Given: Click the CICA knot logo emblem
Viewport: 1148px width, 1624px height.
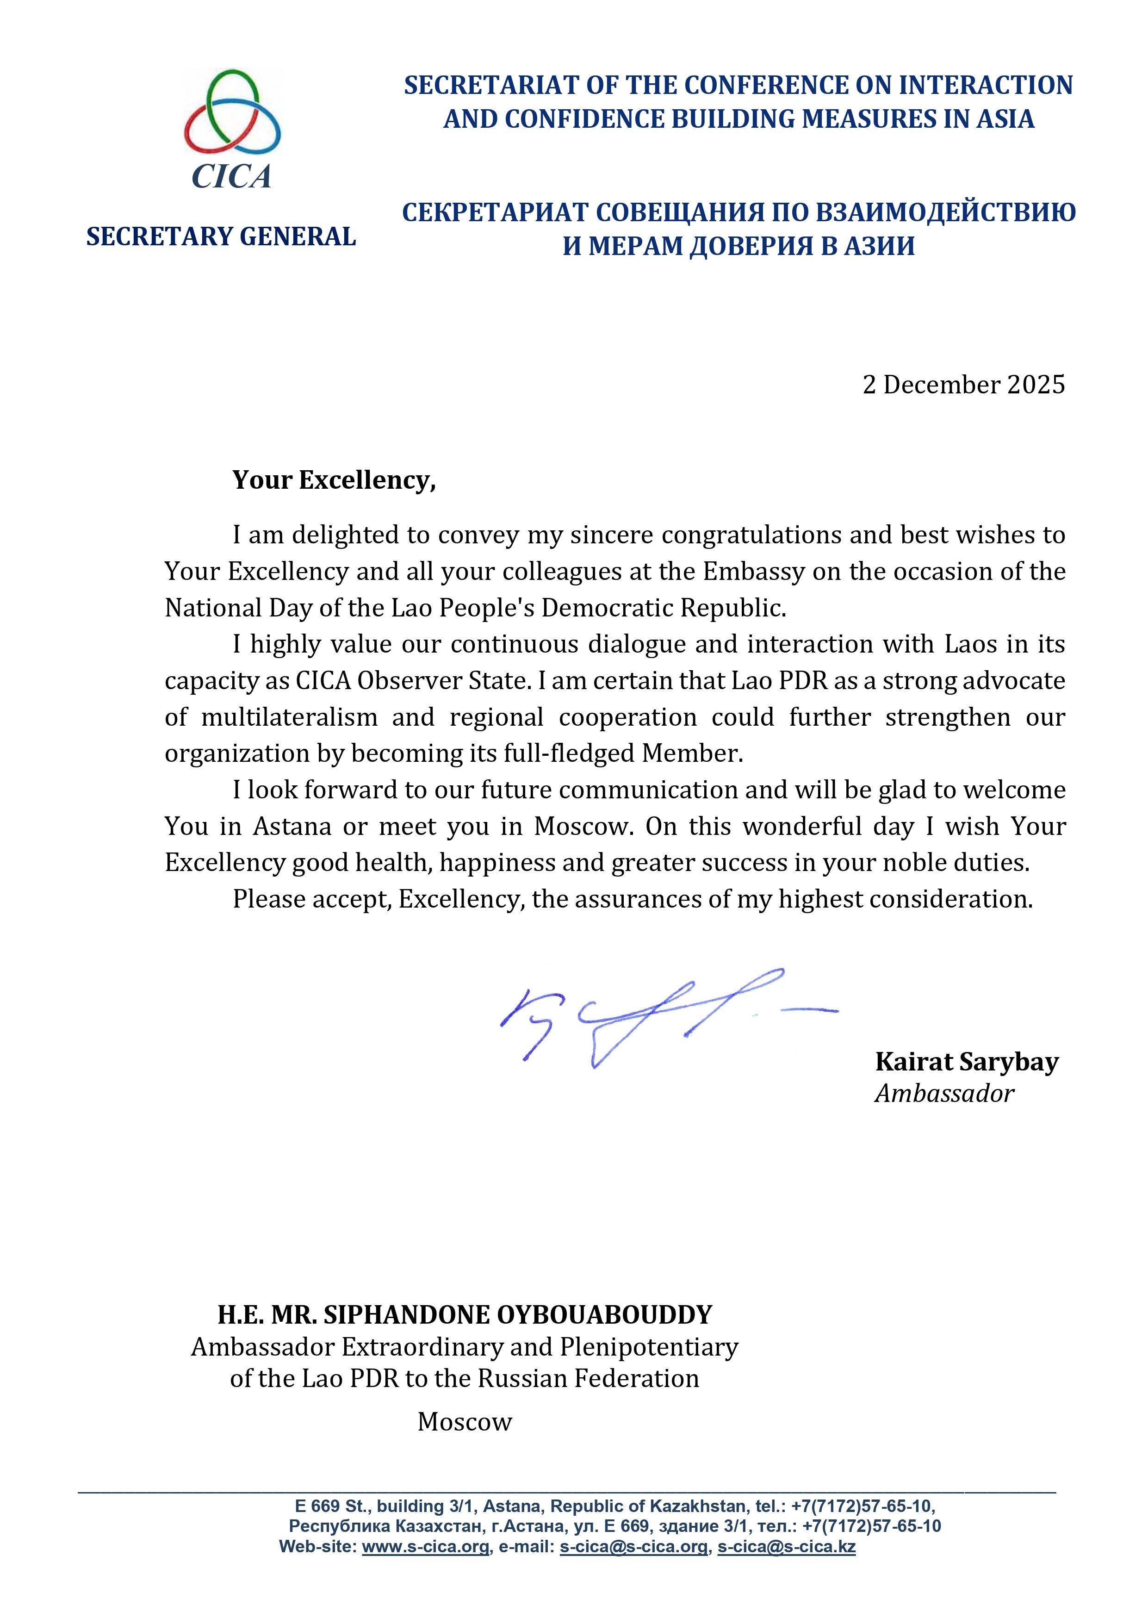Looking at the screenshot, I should click(232, 112).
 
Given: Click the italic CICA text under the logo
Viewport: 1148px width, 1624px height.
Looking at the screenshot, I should click(231, 177).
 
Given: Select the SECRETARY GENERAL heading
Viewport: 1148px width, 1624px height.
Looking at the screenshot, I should click(221, 236).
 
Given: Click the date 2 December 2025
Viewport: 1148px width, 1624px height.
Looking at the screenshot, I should click(963, 385).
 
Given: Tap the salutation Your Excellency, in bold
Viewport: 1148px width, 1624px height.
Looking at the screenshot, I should click(334, 480).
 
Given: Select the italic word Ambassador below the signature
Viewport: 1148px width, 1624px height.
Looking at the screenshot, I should click(944, 1094).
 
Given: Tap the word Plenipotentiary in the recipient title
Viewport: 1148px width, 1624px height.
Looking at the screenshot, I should click(649, 1347).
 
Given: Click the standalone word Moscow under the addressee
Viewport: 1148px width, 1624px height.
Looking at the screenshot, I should click(464, 1422).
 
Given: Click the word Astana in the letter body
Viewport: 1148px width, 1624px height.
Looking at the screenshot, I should click(292, 826).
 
